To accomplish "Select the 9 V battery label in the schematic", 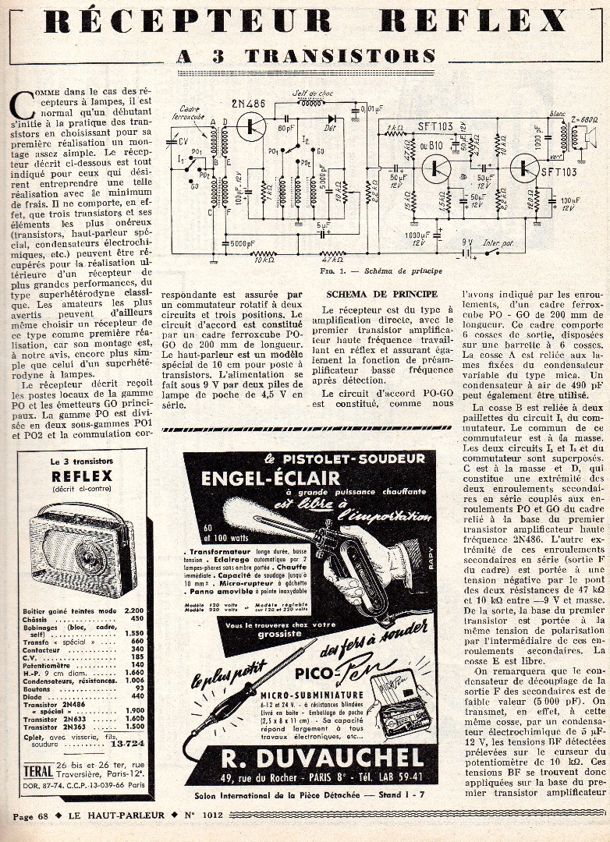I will pyautogui.click(x=466, y=242).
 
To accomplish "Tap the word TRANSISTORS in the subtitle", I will pyautogui.click(x=340, y=55).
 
